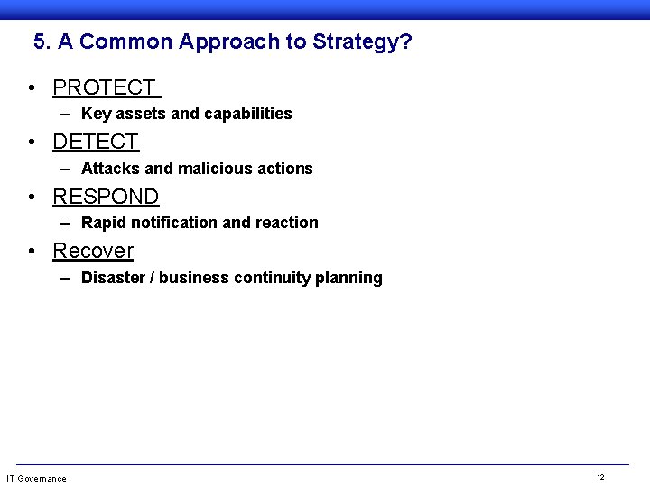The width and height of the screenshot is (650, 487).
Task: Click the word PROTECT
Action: pyautogui.click(x=104, y=87)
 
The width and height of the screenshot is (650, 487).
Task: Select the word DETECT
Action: pyautogui.click(x=96, y=142)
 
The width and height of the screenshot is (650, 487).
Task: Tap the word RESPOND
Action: pyautogui.click(x=106, y=197)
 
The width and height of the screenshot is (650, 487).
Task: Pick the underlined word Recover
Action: pyautogui.click(x=93, y=251)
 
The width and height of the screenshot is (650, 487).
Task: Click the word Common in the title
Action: pyautogui.click(x=126, y=41)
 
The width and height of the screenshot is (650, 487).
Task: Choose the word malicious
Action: pyautogui.click(x=216, y=169)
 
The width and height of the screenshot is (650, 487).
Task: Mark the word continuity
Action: pyautogui.click(x=272, y=278)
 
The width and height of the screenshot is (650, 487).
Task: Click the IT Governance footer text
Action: pyautogui.click(x=36, y=478)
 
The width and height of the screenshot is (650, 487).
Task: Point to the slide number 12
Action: pyautogui.click(x=600, y=477)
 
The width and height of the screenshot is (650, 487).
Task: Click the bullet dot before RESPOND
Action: pyautogui.click(x=32, y=198)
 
